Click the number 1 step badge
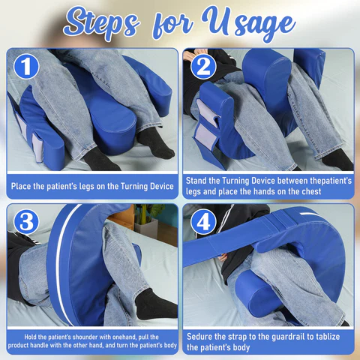[26, 67]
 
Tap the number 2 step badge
[203, 67]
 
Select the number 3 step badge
[26, 222]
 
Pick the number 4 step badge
[203, 222]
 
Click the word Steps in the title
[101, 23]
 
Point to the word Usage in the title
[249, 24]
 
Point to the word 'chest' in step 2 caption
[311, 191]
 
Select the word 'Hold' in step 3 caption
[30, 337]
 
